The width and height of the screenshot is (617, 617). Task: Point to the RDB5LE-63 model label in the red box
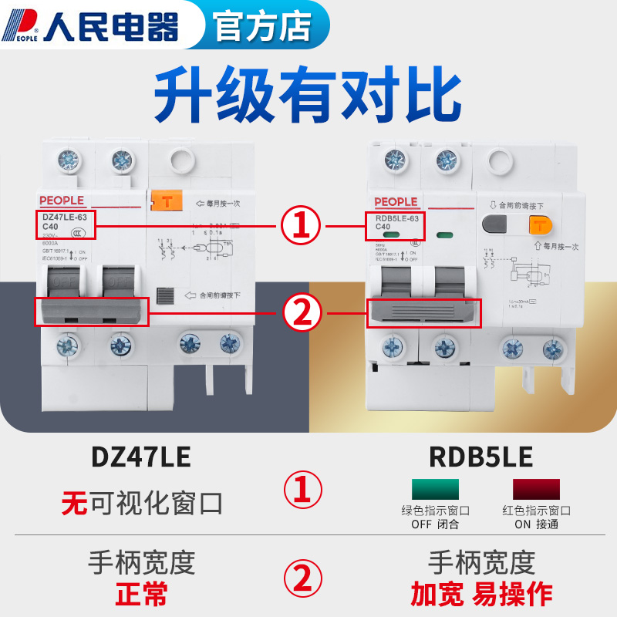coord(394,222)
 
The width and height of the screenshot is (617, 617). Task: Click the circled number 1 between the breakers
coord(301,225)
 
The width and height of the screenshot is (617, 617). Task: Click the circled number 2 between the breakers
coord(301,312)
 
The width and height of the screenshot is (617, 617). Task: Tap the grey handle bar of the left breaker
coord(92,310)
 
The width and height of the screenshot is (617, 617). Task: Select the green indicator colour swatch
coord(435,488)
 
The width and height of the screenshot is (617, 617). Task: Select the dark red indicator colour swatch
coord(537,488)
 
